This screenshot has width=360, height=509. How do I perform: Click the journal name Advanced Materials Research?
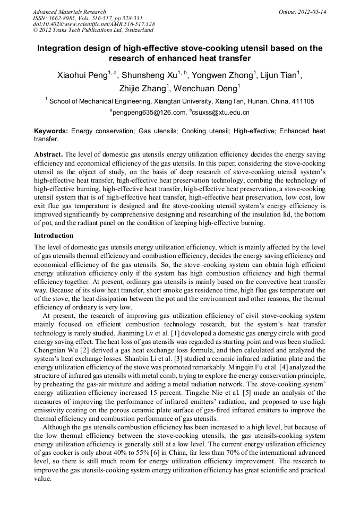[69, 12]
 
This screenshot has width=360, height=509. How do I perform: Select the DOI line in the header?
[93, 24]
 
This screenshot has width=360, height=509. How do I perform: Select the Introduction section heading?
[54, 235]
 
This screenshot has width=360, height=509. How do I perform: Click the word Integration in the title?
[60, 48]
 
